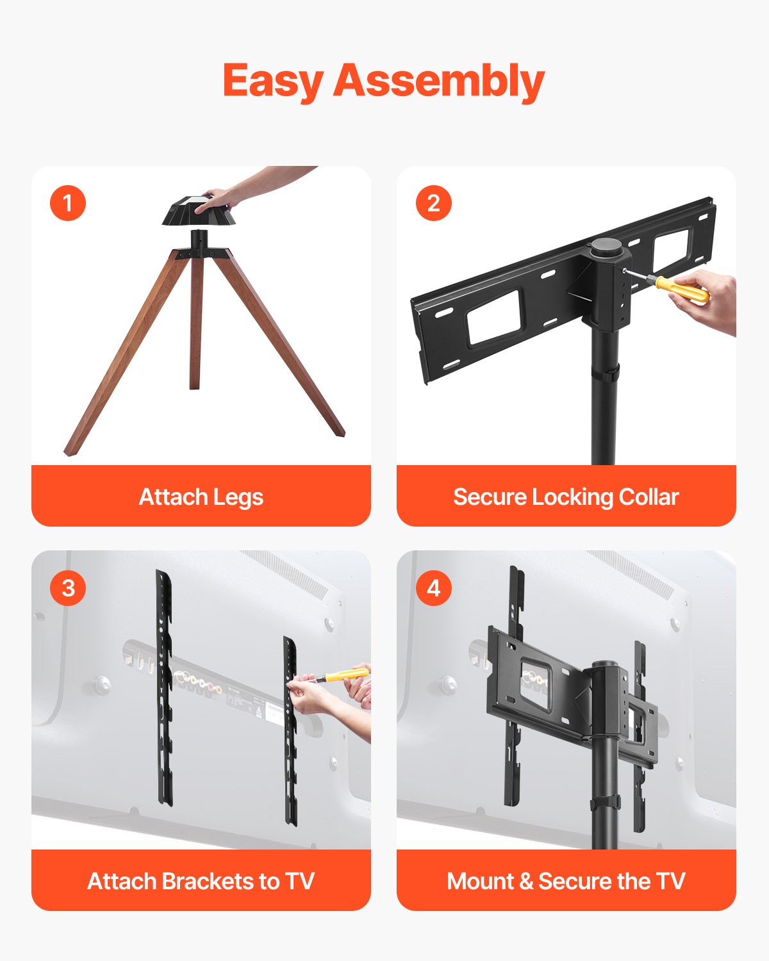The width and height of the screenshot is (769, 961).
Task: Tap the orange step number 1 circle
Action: (68, 203)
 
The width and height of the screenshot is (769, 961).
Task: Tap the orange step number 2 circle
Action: (433, 203)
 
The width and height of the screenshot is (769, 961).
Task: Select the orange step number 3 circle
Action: (68, 587)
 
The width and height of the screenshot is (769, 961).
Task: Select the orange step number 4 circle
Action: (433, 587)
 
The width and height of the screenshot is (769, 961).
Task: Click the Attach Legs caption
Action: (201, 497)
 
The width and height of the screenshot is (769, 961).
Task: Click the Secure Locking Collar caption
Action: (566, 497)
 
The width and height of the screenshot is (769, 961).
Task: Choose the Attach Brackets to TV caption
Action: (201, 881)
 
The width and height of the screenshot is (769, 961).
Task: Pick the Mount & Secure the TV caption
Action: (566, 881)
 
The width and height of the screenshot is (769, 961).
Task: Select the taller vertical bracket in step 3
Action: (164, 689)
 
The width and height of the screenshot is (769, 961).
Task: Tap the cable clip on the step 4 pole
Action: (606, 802)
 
